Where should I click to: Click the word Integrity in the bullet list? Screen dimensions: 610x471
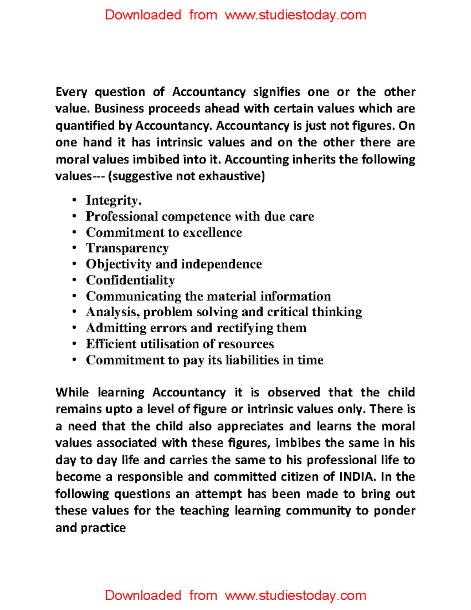click(112, 200)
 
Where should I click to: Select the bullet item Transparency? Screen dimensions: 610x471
click(127, 248)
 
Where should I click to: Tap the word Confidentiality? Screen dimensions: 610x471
click(130, 280)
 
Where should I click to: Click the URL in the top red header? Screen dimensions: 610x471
click(295, 15)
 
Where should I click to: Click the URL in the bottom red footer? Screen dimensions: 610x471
click(295, 595)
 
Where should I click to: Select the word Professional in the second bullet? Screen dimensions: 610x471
click(122, 216)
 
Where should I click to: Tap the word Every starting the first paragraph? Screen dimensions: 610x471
click(71, 92)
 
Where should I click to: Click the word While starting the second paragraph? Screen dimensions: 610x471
click(72, 392)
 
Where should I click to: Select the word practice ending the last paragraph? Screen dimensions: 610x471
click(103, 528)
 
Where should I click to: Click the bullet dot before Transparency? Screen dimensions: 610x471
click(74, 248)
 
